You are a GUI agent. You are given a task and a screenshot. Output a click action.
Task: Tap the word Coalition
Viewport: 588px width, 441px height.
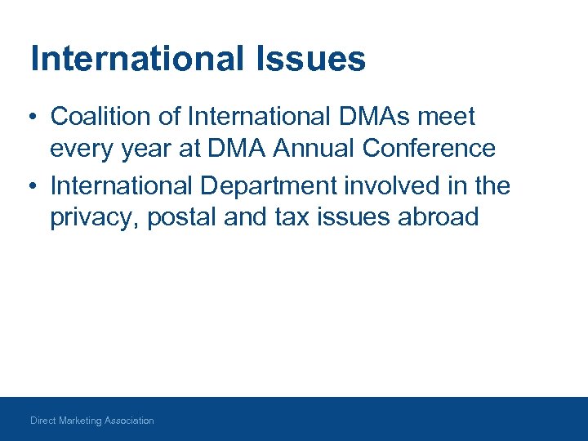[103, 117]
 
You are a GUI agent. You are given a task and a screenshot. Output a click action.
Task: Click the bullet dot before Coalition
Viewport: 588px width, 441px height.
[29, 118]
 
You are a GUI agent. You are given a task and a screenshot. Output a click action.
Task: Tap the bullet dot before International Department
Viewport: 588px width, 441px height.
[29, 187]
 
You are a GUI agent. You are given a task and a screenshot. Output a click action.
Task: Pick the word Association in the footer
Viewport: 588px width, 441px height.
[129, 421]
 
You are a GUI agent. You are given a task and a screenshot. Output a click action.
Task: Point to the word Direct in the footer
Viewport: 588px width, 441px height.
[42, 421]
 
